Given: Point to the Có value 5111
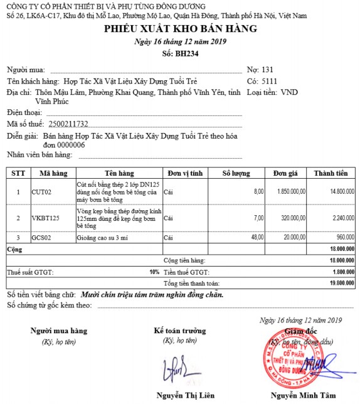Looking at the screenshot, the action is tap(268, 81).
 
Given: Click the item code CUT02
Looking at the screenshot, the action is tap(41, 192).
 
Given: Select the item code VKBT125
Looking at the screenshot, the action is tap(45, 218).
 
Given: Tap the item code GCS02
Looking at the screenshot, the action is tap(41, 238).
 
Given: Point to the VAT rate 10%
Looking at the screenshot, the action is tap(154, 272).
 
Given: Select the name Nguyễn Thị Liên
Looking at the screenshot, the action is tap(186, 395).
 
